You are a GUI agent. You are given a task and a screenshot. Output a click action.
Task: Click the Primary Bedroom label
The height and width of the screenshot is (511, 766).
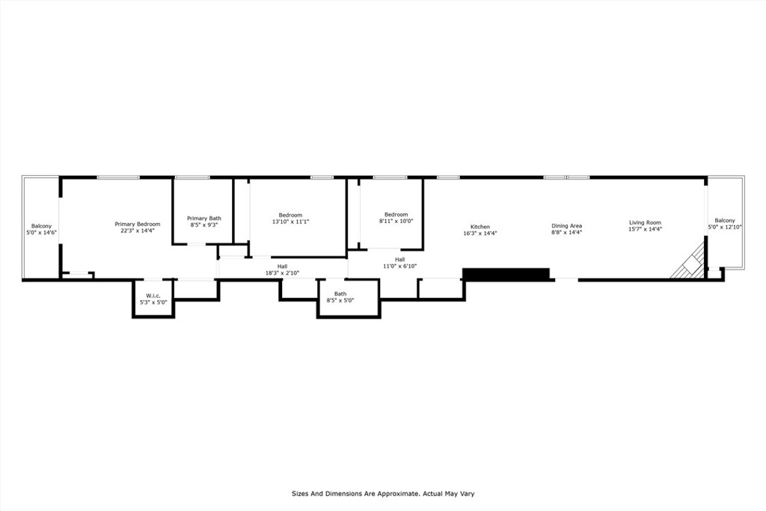138,224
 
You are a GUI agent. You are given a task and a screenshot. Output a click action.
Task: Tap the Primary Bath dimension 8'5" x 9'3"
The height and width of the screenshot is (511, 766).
203,225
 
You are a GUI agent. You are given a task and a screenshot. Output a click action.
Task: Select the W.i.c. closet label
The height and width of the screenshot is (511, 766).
153,296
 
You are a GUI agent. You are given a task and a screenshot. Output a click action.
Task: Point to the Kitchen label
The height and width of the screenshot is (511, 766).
479,227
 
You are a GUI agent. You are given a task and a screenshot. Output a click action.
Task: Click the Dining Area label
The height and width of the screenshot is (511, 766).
567,226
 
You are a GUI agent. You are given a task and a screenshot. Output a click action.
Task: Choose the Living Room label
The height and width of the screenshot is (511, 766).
645,222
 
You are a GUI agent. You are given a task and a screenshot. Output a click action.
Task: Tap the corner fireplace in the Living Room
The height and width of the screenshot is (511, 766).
689,261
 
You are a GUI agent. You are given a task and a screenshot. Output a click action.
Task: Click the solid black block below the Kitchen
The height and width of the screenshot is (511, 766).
506,274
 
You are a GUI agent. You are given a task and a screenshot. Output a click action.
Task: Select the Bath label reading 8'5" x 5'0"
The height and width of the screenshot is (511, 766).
340,297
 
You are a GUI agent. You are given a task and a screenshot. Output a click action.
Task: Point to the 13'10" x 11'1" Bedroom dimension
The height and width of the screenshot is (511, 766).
291,221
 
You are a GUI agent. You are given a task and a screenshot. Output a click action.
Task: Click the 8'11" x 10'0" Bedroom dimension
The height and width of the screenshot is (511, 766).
396,221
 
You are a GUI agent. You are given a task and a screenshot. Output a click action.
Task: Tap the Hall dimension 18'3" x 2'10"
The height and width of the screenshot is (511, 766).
282,273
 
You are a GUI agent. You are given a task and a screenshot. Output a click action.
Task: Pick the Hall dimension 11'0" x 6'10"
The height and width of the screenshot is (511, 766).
399,266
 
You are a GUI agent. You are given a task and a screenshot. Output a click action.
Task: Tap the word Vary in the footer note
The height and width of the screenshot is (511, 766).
467,493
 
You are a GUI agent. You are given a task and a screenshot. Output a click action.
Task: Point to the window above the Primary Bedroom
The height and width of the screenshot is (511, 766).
117,177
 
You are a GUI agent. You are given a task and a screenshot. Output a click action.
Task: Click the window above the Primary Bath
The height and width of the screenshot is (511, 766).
192,177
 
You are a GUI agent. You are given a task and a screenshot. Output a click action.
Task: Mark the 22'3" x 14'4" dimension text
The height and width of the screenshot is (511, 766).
138,230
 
